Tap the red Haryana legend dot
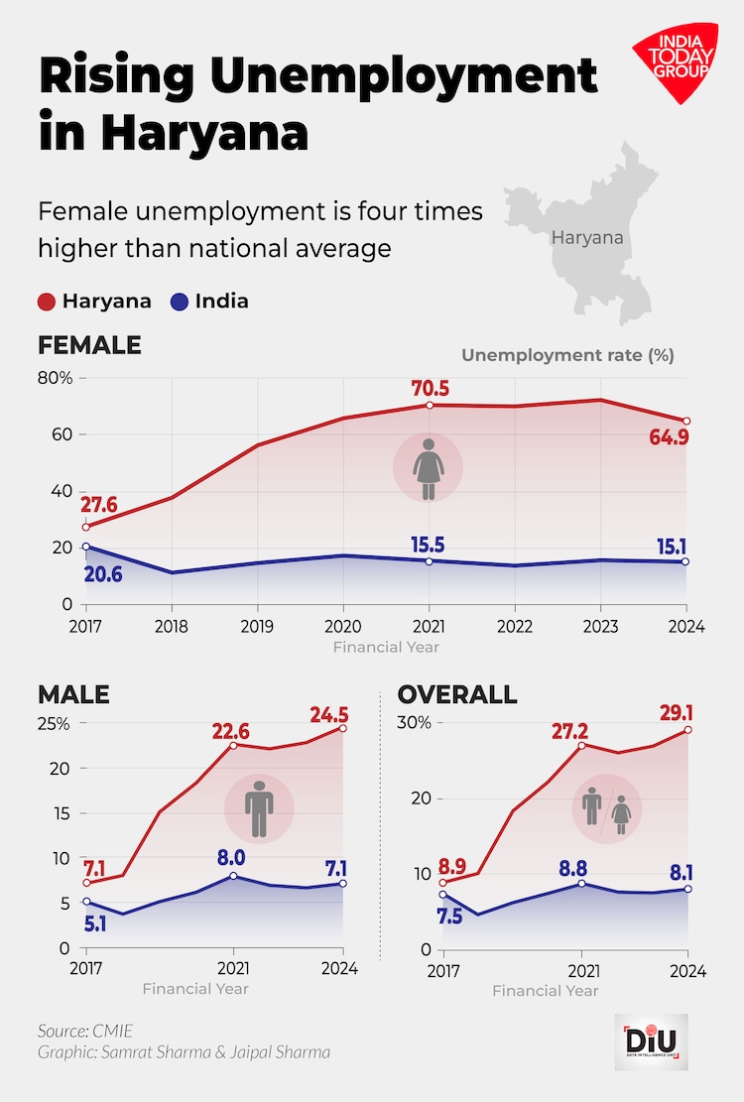pyautogui.click(x=47, y=302)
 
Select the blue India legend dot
pyautogui.click(x=181, y=302)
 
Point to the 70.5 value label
pyautogui.click(x=429, y=387)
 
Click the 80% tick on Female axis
pyautogui.click(x=56, y=378)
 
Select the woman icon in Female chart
pyautogui.click(x=429, y=468)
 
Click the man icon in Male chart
pyautogui.click(x=259, y=807)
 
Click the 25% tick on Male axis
pyautogui.click(x=54, y=723)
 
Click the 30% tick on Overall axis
pyautogui.click(x=416, y=722)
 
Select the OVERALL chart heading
pyautogui.click(x=457, y=693)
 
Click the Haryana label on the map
pyautogui.click(x=587, y=238)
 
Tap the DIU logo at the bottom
pyautogui.click(x=651, y=1041)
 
